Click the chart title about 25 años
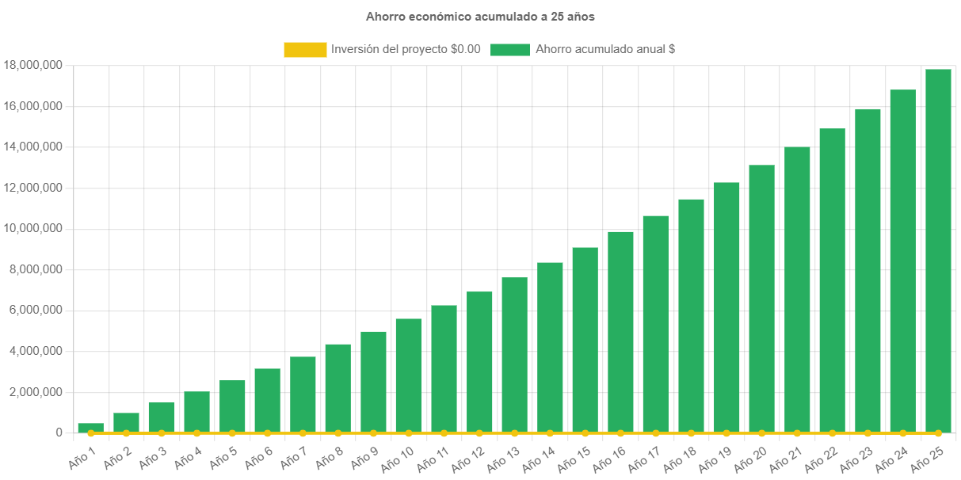point(480,16)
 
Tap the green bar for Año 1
point(90,428)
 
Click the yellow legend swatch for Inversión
point(305,49)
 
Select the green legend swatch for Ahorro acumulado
point(509,49)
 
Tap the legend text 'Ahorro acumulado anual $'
point(605,49)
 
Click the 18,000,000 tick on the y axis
point(33,65)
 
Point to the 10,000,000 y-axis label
point(33,228)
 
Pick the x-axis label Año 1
point(82,455)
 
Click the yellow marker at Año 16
point(620,433)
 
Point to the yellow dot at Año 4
point(196,433)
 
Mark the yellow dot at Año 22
point(832,433)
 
